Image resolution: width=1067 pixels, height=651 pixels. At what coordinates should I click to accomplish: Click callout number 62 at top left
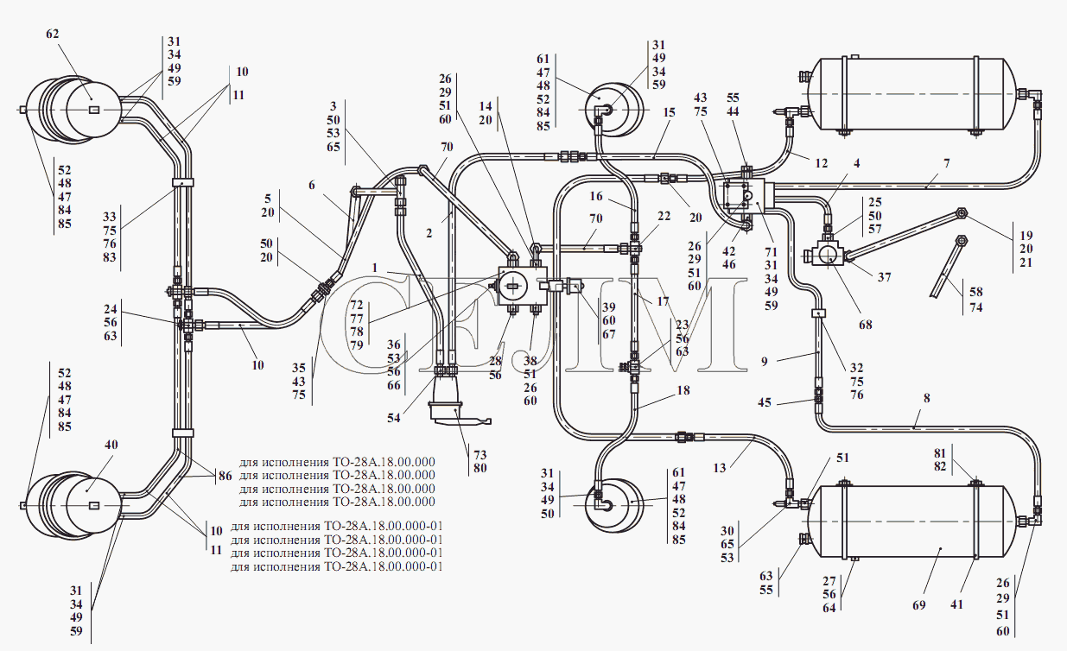click(x=53, y=35)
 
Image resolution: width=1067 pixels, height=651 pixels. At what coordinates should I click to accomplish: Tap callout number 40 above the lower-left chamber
click(x=111, y=445)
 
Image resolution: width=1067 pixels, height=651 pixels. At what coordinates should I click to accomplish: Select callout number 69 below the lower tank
click(x=919, y=605)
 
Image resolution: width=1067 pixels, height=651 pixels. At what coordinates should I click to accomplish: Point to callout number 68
click(x=866, y=325)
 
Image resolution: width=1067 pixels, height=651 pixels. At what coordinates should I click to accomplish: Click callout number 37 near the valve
click(x=884, y=277)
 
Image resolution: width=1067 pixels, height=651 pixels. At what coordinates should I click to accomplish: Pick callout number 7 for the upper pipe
click(x=947, y=164)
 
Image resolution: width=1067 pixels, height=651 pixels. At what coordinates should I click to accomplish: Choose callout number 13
click(x=720, y=468)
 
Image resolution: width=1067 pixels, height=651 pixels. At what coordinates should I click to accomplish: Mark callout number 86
click(x=225, y=476)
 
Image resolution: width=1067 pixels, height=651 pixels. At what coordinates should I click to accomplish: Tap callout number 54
click(x=393, y=418)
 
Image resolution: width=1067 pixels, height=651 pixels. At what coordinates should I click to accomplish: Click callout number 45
click(x=765, y=402)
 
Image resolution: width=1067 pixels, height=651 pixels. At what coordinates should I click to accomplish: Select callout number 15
click(x=670, y=113)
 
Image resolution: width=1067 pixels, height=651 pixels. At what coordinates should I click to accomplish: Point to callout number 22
click(x=664, y=217)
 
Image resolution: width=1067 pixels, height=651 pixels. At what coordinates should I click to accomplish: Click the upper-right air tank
click(x=912, y=95)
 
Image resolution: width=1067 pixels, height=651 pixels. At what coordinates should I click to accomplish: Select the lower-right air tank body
click(x=912, y=521)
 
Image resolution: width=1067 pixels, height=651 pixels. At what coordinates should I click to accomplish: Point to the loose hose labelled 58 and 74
click(x=949, y=267)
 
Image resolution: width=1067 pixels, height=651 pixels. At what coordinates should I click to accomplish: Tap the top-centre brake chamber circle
click(x=614, y=110)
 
